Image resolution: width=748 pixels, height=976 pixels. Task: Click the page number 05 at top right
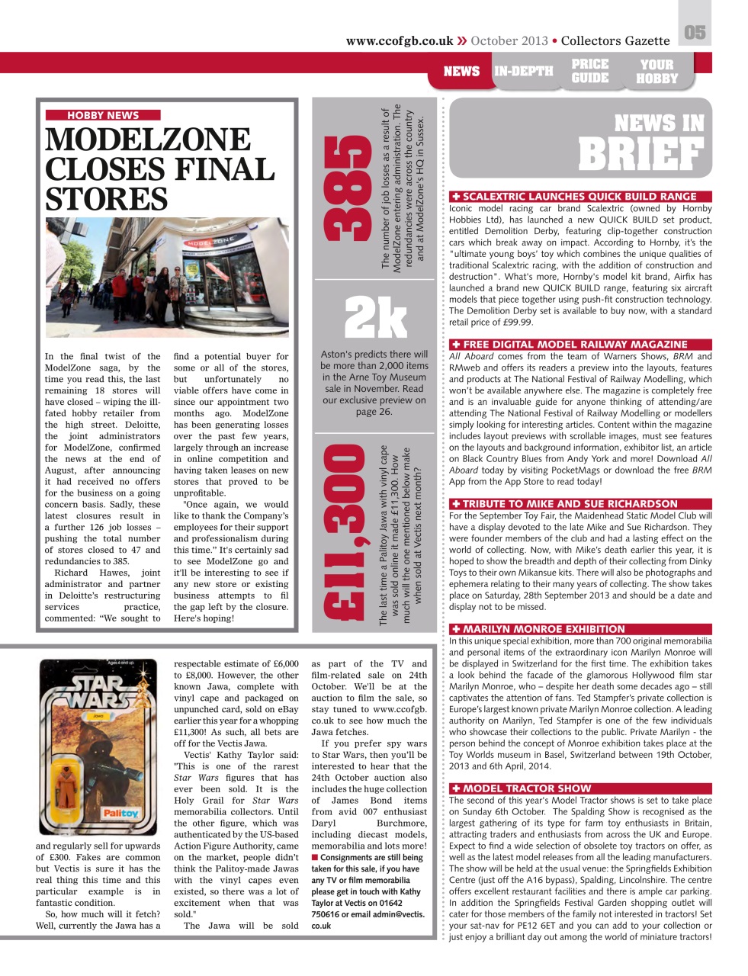click(x=694, y=32)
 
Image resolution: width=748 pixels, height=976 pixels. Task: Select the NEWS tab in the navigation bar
click(x=461, y=72)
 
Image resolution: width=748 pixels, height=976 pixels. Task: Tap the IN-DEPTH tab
click(x=523, y=72)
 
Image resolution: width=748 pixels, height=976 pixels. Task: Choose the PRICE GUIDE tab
click(x=590, y=71)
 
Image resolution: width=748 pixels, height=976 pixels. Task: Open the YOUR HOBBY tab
click(x=657, y=71)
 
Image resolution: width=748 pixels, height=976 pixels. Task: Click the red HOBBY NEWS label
click(x=103, y=115)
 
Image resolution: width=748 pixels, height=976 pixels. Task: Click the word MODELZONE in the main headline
click(x=148, y=140)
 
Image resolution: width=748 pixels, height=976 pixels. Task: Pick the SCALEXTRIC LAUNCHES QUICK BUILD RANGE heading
click(x=579, y=196)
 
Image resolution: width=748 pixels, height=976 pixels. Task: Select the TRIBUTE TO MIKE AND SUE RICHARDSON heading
click(x=570, y=503)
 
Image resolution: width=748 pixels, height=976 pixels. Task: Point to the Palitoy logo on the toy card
click(x=120, y=814)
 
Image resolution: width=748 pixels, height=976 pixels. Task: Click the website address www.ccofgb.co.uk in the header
click(x=399, y=41)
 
